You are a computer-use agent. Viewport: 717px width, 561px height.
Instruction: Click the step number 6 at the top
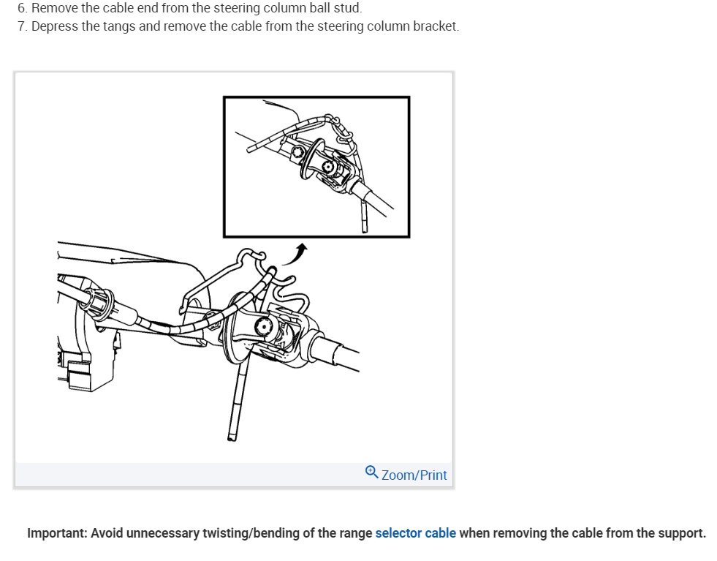coord(21,8)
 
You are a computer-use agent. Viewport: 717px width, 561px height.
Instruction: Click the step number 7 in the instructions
coord(21,26)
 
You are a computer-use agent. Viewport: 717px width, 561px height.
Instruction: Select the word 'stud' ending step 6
coord(349,8)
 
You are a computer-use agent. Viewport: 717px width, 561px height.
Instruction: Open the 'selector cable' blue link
coord(415,533)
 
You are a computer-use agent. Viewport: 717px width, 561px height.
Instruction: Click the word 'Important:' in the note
coord(57,533)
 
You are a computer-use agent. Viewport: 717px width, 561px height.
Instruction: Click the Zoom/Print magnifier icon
coord(371,472)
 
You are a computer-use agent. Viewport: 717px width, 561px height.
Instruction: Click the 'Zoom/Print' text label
coord(414,475)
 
